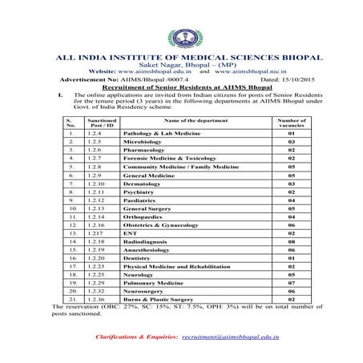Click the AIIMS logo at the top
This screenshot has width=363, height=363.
[181, 37]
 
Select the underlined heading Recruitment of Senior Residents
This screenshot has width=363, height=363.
[181, 87]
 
